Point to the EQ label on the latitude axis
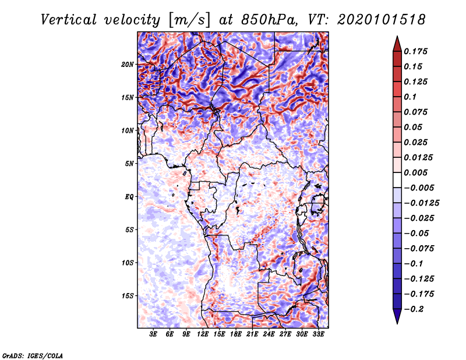[x=130, y=196]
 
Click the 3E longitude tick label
[x=154, y=335]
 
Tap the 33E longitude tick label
[x=318, y=335]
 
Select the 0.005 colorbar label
[x=417, y=172]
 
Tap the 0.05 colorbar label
[x=414, y=127]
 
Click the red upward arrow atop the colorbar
[x=397, y=43]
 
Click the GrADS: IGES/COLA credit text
[x=33, y=355]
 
